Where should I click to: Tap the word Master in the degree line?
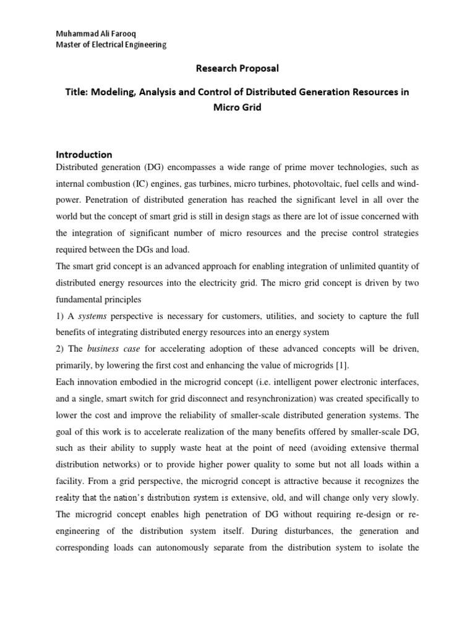69,45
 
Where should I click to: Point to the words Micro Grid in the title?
237,106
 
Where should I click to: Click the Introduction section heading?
84,155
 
